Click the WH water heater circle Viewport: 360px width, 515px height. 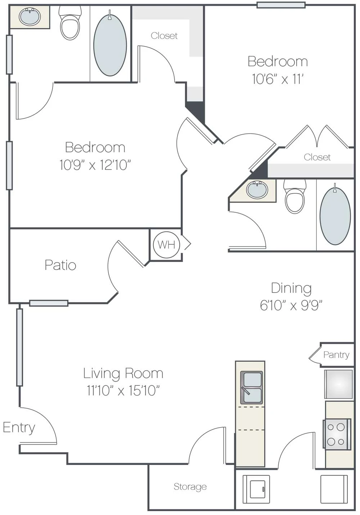click(166, 245)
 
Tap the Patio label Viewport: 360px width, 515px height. click(60, 265)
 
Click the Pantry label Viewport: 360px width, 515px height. click(336, 355)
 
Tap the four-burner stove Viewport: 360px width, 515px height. click(337, 434)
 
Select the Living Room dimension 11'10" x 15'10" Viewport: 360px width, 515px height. click(123, 390)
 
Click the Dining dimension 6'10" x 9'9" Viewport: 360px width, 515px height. click(291, 306)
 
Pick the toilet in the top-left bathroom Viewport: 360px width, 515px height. click(70, 23)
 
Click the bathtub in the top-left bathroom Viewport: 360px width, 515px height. click(110, 45)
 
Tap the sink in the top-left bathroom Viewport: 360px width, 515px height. click(30, 17)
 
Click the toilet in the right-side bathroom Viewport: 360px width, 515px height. click(295, 196)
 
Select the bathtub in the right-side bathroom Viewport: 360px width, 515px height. click(335, 214)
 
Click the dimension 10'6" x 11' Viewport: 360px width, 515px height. click(278, 79)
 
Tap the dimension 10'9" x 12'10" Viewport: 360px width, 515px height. click(95, 165)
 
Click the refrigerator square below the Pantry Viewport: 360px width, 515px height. click(338, 384)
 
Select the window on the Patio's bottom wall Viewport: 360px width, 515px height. click(49, 303)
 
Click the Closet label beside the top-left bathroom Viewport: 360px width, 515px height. click(164, 36)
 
